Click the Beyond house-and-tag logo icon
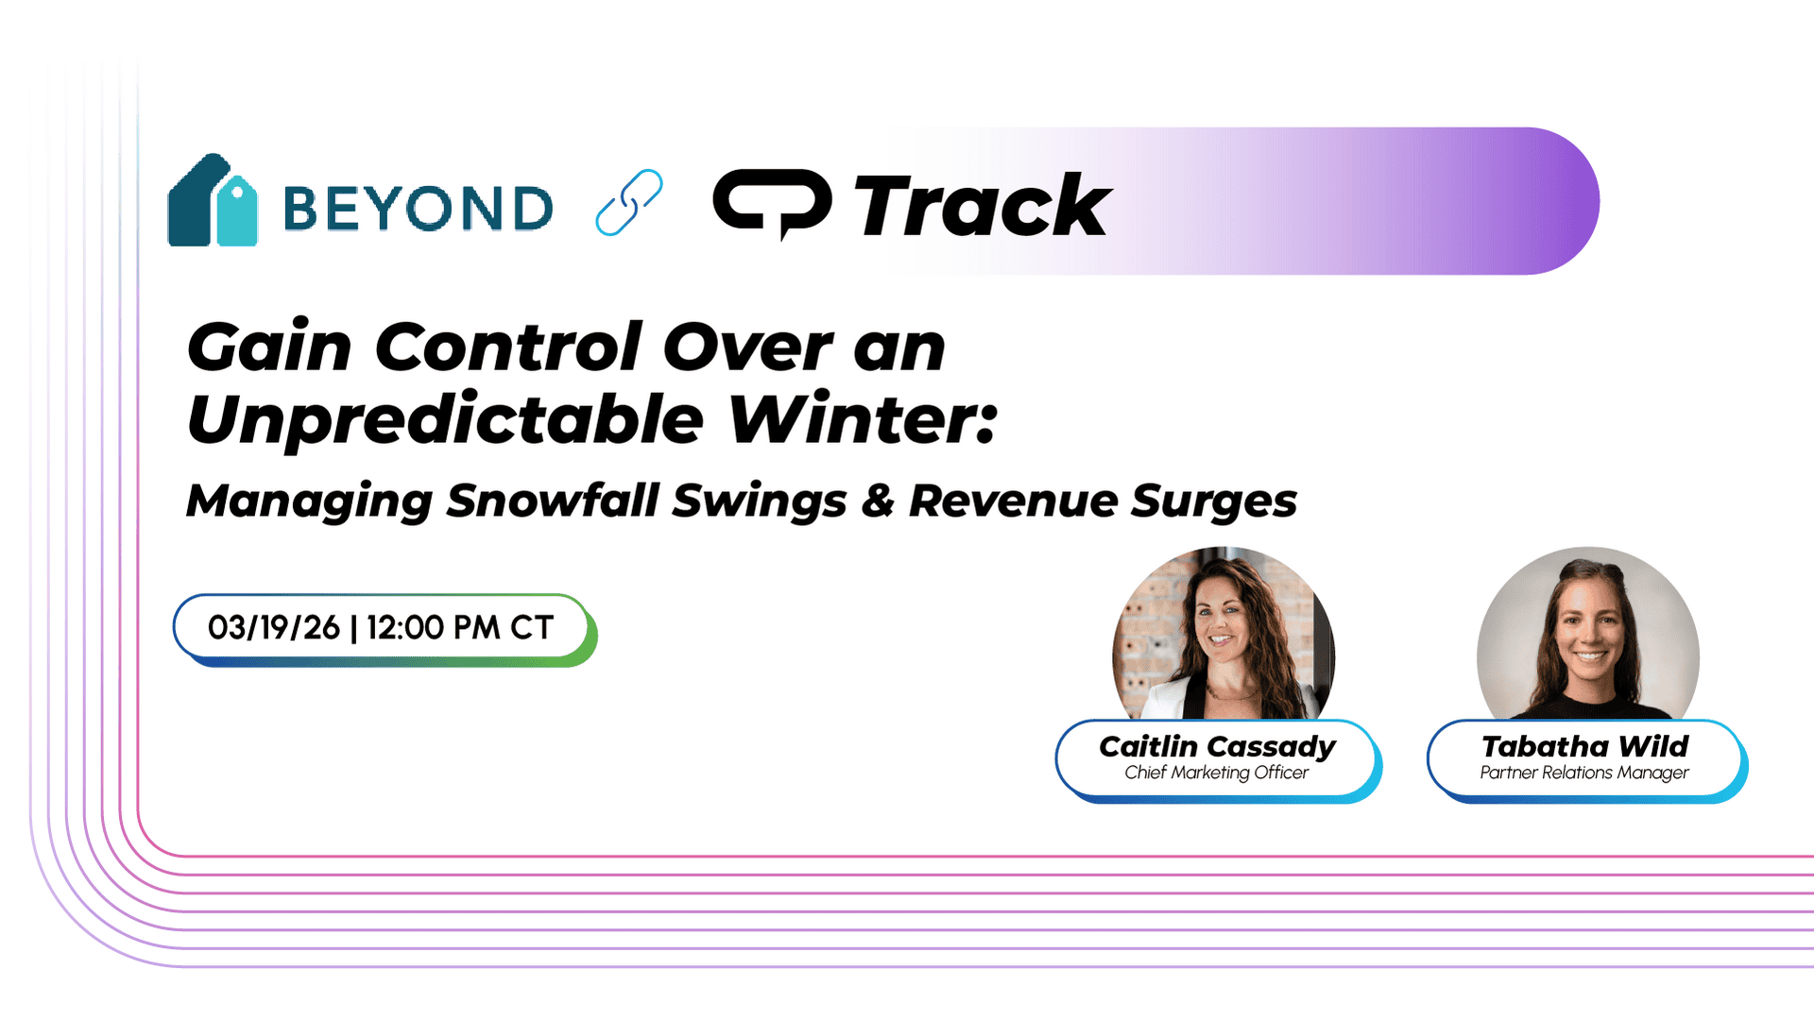(213, 200)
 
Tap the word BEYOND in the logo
(418, 208)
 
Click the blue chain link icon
(629, 202)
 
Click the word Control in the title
(509, 347)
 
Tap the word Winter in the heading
(863, 417)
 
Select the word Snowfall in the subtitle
(552, 500)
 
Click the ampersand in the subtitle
(878, 501)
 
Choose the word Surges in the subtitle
(1214, 501)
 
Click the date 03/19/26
(274, 627)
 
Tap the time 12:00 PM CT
(460, 627)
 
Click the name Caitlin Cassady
(1217, 747)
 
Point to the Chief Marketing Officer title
(1217, 773)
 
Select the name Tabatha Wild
(1585, 746)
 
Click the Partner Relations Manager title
(1584, 773)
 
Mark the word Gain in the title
(270, 347)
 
